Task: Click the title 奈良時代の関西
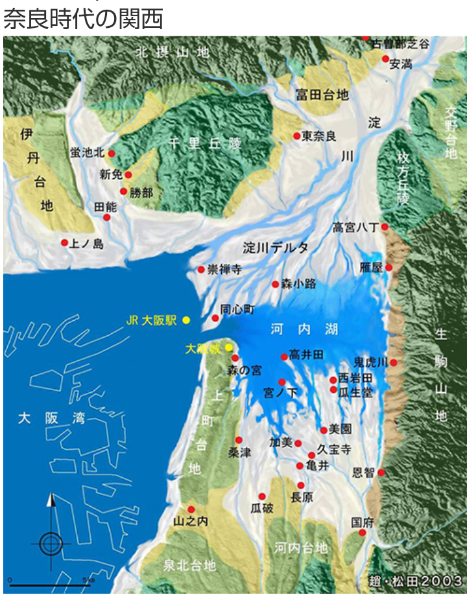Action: (83, 18)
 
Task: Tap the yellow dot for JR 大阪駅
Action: (186, 320)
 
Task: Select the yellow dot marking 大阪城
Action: (229, 348)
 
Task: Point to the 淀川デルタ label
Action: (276, 248)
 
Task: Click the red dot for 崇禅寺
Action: (201, 270)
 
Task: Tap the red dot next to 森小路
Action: (276, 284)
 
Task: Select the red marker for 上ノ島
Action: (65, 243)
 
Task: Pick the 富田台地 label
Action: (322, 95)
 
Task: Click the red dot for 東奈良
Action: (296, 136)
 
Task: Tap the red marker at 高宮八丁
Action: (385, 227)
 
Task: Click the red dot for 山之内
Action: (191, 509)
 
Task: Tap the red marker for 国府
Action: (363, 533)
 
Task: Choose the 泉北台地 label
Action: (189, 565)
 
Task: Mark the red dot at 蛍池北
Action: (112, 154)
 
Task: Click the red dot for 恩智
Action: (381, 472)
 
